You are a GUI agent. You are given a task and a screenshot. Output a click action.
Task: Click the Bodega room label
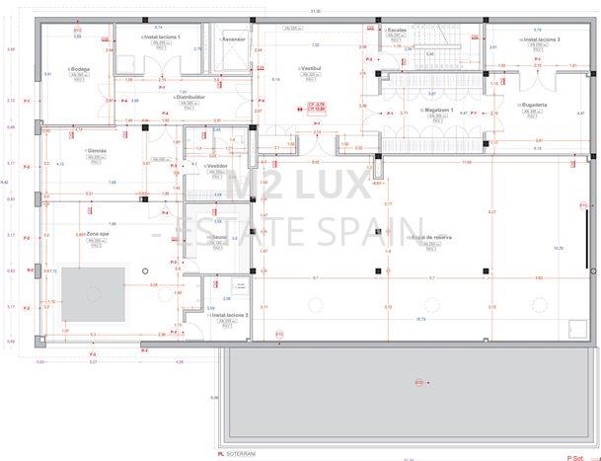(x=81, y=68)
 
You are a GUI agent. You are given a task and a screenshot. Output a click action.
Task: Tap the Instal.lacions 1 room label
(x=161, y=37)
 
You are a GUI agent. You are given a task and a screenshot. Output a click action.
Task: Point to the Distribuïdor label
(x=191, y=97)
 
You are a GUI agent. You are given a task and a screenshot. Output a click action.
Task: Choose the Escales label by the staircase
(x=397, y=31)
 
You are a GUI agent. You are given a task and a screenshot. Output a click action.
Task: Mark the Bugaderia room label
(x=534, y=104)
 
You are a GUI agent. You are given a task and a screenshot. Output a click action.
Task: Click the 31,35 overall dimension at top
(x=315, y=10)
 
